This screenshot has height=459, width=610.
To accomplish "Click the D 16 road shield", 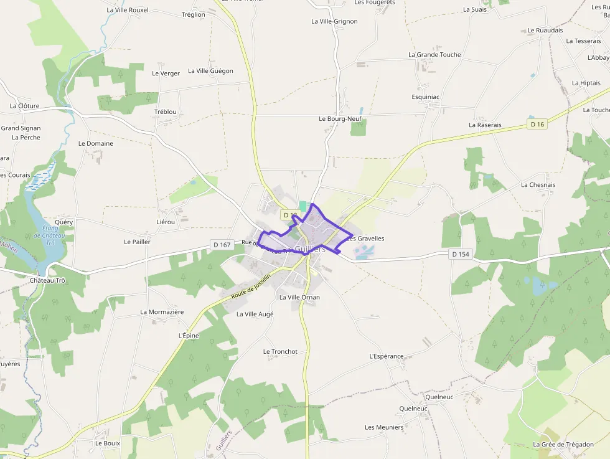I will [x=537, y=125].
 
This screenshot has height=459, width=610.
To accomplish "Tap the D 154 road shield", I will [x=461, y=254].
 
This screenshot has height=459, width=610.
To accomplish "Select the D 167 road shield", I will [x=221, y=245].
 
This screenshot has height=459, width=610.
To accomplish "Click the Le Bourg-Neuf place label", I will [x=340, y=118].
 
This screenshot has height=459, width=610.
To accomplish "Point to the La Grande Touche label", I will [x=434, y=55].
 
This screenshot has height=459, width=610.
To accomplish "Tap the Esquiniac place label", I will [x=426, y=97].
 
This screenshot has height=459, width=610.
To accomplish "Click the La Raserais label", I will [x=485, y=125].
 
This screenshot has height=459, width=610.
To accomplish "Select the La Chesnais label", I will [x=538, y=185].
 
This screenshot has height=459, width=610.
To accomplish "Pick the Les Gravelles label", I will [x=365, y=239].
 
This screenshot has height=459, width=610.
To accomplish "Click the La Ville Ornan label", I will [x=299, y=298].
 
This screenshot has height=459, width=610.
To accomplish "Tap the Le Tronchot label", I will [x=280, y=352].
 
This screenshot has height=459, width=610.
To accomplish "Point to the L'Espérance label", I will [x=387, y=356].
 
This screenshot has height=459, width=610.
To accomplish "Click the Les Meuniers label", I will [x=384, y=427].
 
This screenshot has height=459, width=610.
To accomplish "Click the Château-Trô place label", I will [x=47, y=280].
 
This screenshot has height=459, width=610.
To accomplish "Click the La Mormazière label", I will [x=162, y=312].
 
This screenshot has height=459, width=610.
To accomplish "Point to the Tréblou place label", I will [x=166, y=112].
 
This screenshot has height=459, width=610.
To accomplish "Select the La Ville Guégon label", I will [x=210, y=71].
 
